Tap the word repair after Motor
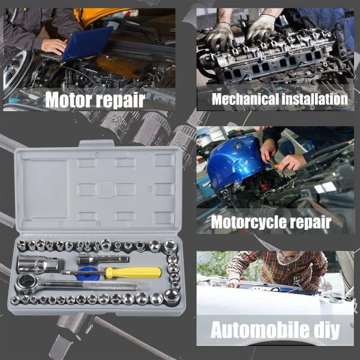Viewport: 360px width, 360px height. pyautogui.click(x=121, y=101)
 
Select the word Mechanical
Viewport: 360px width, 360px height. pyautogui.click(x=245, y=99)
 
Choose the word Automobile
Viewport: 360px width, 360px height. pyautogui.click(x=260, y=330)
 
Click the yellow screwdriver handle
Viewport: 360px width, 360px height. pyautogui.click(x=133, y=272)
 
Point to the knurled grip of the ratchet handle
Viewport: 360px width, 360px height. pyautogui.click(x=110, y=286)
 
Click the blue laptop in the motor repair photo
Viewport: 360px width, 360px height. pyautogui.click(x=87, y=43)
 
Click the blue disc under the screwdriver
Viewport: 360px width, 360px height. pyautogui.click(x=88, y=275)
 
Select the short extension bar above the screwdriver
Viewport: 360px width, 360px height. pyautogui.click(x=103, y=260)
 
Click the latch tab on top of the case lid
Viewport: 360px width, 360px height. pyautogui.click(x=97, y=143)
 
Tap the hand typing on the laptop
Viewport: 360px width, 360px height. pyautogui.click(x=53, y=47)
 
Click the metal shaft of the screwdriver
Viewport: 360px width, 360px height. pyautogui.click(x=83, y=272)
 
